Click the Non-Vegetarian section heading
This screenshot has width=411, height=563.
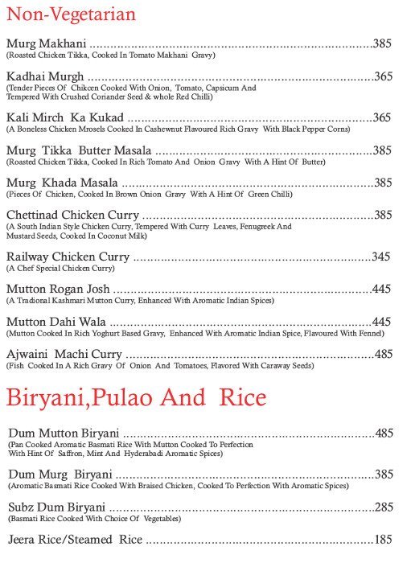[x=60, y=14]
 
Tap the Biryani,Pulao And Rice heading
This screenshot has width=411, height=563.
[x=136, y=397]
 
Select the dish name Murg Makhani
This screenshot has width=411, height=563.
[x=46, y=43]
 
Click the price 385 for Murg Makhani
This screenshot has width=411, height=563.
[x=382, y=43]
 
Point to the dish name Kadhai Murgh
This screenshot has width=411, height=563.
[x=45, y=76]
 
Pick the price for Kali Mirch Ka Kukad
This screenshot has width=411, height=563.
[x=382, y=117]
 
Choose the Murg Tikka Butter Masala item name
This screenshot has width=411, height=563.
[x=78, y=150]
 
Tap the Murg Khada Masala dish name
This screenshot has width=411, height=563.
[x=60, y=183]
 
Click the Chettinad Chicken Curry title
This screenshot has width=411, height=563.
[x=72, y=215]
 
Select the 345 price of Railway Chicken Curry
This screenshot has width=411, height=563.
[x=381, y=257]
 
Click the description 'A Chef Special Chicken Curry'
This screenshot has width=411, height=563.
[x=60, y=268]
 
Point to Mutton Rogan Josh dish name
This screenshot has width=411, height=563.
[x=58, y=289]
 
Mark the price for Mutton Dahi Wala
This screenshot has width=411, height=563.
[x=382, y=322]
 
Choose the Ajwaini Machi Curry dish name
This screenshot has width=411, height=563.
[x=64, y=354]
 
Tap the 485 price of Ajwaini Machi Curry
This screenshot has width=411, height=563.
[x=384, y=354]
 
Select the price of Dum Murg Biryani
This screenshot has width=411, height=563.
[x=384, y=475]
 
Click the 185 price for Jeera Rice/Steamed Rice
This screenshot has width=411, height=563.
[x=384, y=539]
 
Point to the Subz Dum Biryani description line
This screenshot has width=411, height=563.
[x=94, y=519]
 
